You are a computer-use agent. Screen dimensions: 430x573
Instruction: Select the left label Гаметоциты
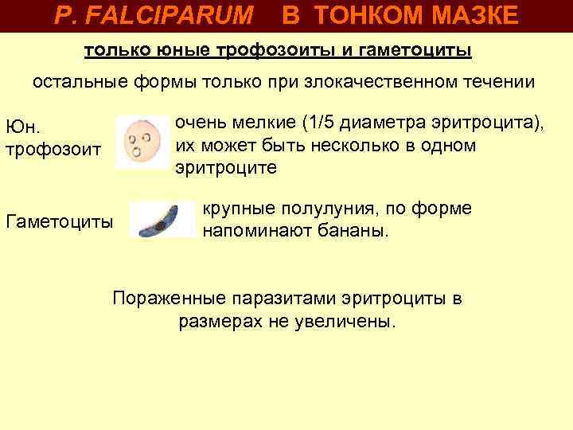59,221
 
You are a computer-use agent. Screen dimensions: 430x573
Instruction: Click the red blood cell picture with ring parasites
142,142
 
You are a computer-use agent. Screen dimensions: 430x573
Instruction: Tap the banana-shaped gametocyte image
162,220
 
